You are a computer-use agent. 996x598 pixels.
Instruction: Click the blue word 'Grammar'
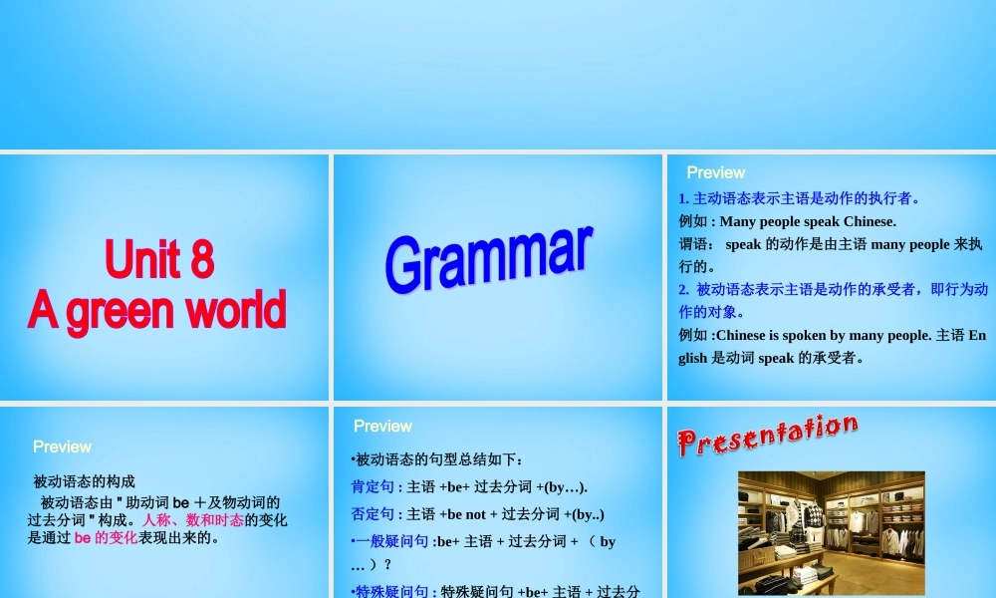pos(489,258)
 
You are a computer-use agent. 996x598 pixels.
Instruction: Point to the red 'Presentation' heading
pos(767,436)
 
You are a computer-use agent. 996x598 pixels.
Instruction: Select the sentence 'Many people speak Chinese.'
pos(808,221)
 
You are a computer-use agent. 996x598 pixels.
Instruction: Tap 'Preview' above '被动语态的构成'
pos(62,447)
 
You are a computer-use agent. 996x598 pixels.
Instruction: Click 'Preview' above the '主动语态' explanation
pos(715,172)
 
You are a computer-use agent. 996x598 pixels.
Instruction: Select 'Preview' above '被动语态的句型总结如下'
pos(382,426)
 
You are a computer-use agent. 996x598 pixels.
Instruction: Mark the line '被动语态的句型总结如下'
pos(437,460)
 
